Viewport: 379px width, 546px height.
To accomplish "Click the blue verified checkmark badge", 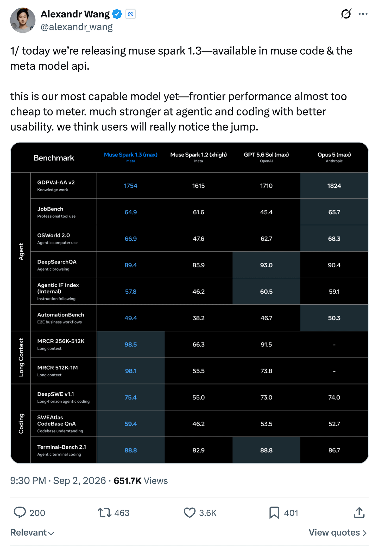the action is (117, 14).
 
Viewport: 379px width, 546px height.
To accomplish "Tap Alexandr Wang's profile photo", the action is (23, 20).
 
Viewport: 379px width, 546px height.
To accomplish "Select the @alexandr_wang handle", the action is (77, 27).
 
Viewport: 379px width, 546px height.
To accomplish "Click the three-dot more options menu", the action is (363, 14).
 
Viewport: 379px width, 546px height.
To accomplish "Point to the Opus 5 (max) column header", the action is (334, 157).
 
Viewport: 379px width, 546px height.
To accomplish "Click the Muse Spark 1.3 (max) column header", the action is (131, 157).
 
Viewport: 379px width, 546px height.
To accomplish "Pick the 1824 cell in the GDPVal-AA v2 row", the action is (334, 186).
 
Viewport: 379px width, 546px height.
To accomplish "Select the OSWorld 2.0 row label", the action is (57, 238).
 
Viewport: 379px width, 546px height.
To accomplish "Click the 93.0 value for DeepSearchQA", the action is (266, 265).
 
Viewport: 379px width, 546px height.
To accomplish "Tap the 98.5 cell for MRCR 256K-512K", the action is (131, 344).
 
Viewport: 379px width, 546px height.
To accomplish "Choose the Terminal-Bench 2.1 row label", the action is (61, 450).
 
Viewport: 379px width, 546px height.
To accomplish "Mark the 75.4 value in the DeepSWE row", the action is (131, 397).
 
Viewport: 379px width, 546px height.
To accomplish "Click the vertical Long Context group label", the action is (21, 357).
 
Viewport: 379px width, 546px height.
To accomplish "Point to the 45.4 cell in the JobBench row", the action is (266, 212).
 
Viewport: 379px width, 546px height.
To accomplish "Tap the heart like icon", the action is (189, 513).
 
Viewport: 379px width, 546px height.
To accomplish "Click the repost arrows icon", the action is (105, 513).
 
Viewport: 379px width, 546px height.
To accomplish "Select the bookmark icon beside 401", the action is (274, 513).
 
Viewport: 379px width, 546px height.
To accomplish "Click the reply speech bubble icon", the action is (20, 512).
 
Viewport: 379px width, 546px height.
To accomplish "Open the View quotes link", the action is (338, 532).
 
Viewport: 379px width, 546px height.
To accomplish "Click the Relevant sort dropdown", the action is (32, 532).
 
